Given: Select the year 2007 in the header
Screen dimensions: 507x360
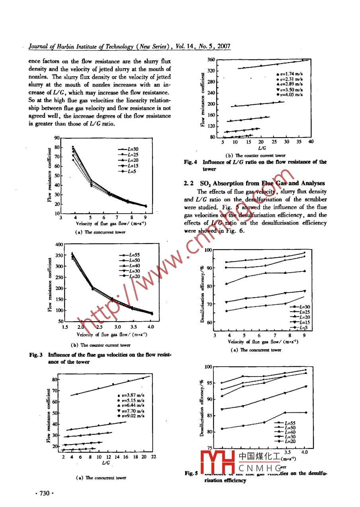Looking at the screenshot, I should pyautogui.click(x=223, y=46).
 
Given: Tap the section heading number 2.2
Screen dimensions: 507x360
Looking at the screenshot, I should pyautogui.click(x=188, y=183).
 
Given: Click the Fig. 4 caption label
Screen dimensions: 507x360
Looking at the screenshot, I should pyautogui.click(x=191, y=162).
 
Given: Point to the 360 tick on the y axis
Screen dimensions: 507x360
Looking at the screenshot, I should pyautogui.click(x=211, y=60).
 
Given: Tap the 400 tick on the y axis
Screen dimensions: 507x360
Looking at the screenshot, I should pyautogui.click(x=59, y=244).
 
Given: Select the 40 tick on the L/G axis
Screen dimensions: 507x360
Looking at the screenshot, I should pyautogui.click(x=311, y=142).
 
